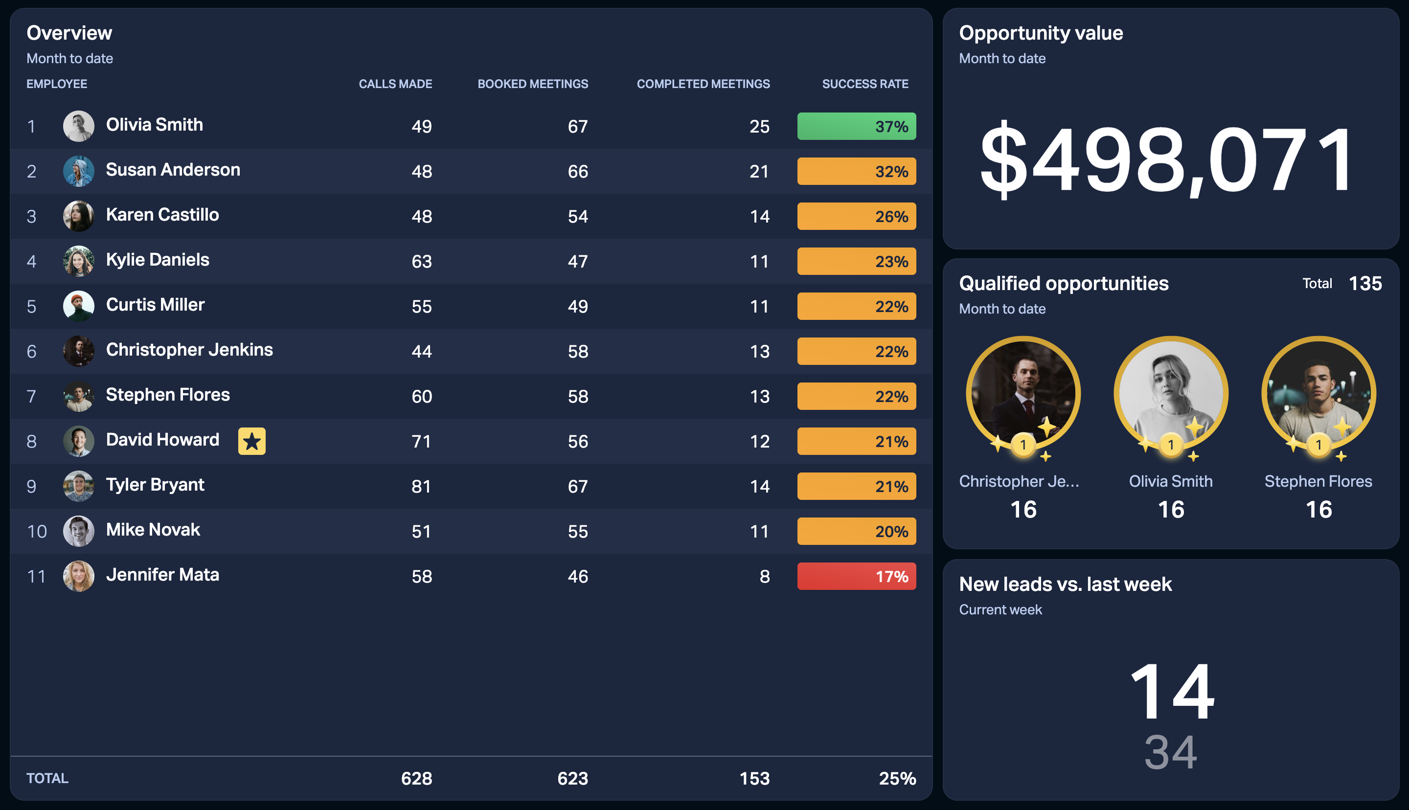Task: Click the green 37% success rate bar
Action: point(856,126)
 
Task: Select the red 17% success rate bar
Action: point(856,576)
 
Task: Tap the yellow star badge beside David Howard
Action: point(252,441)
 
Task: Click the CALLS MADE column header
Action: point(395,84)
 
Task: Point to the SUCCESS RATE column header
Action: point(865,84)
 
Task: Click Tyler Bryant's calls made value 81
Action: point(422,487)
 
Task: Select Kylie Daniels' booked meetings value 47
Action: point(578,262)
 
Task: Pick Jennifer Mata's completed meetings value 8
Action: point(765,576)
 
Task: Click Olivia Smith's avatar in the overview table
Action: point(78,126)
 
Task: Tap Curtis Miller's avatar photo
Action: point(78,306)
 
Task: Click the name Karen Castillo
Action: point(162,215)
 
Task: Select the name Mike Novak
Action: point(153,530)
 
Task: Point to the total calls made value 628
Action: point(417,779)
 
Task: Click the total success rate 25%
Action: point(897,779)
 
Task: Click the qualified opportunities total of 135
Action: point(1365,284)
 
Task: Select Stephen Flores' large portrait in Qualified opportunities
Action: point(1319,393)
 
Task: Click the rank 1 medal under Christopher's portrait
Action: point(1023,445)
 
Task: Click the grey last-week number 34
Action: point(1171,752)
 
